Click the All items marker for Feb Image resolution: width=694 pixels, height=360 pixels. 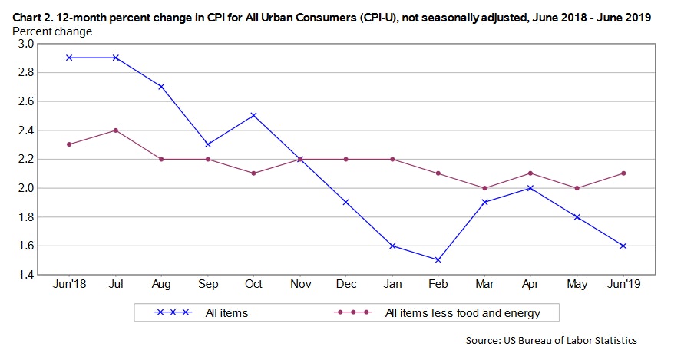(x=438, y=260)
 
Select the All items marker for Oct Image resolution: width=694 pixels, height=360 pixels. (x=253, y=115)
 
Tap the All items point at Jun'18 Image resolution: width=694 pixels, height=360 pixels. (x=69, y=58)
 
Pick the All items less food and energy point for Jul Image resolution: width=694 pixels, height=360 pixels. (x=115, y=130)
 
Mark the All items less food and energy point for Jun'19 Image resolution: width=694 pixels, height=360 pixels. (x=622, y=173)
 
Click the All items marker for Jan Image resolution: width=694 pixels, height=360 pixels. (x=392, y=246)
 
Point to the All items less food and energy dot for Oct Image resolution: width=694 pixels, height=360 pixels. (x=253, y=173)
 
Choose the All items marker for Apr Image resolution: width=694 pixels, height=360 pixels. (x=530, y=188)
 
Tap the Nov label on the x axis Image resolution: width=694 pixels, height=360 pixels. (x=299, y=284)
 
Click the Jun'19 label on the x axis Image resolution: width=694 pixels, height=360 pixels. (x=622, y=284)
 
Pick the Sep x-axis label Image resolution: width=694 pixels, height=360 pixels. (x=207, y=284)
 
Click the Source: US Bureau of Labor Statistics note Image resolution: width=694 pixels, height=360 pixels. (x=551, y=340)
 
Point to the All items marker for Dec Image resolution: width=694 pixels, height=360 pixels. (x=345, y=202)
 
